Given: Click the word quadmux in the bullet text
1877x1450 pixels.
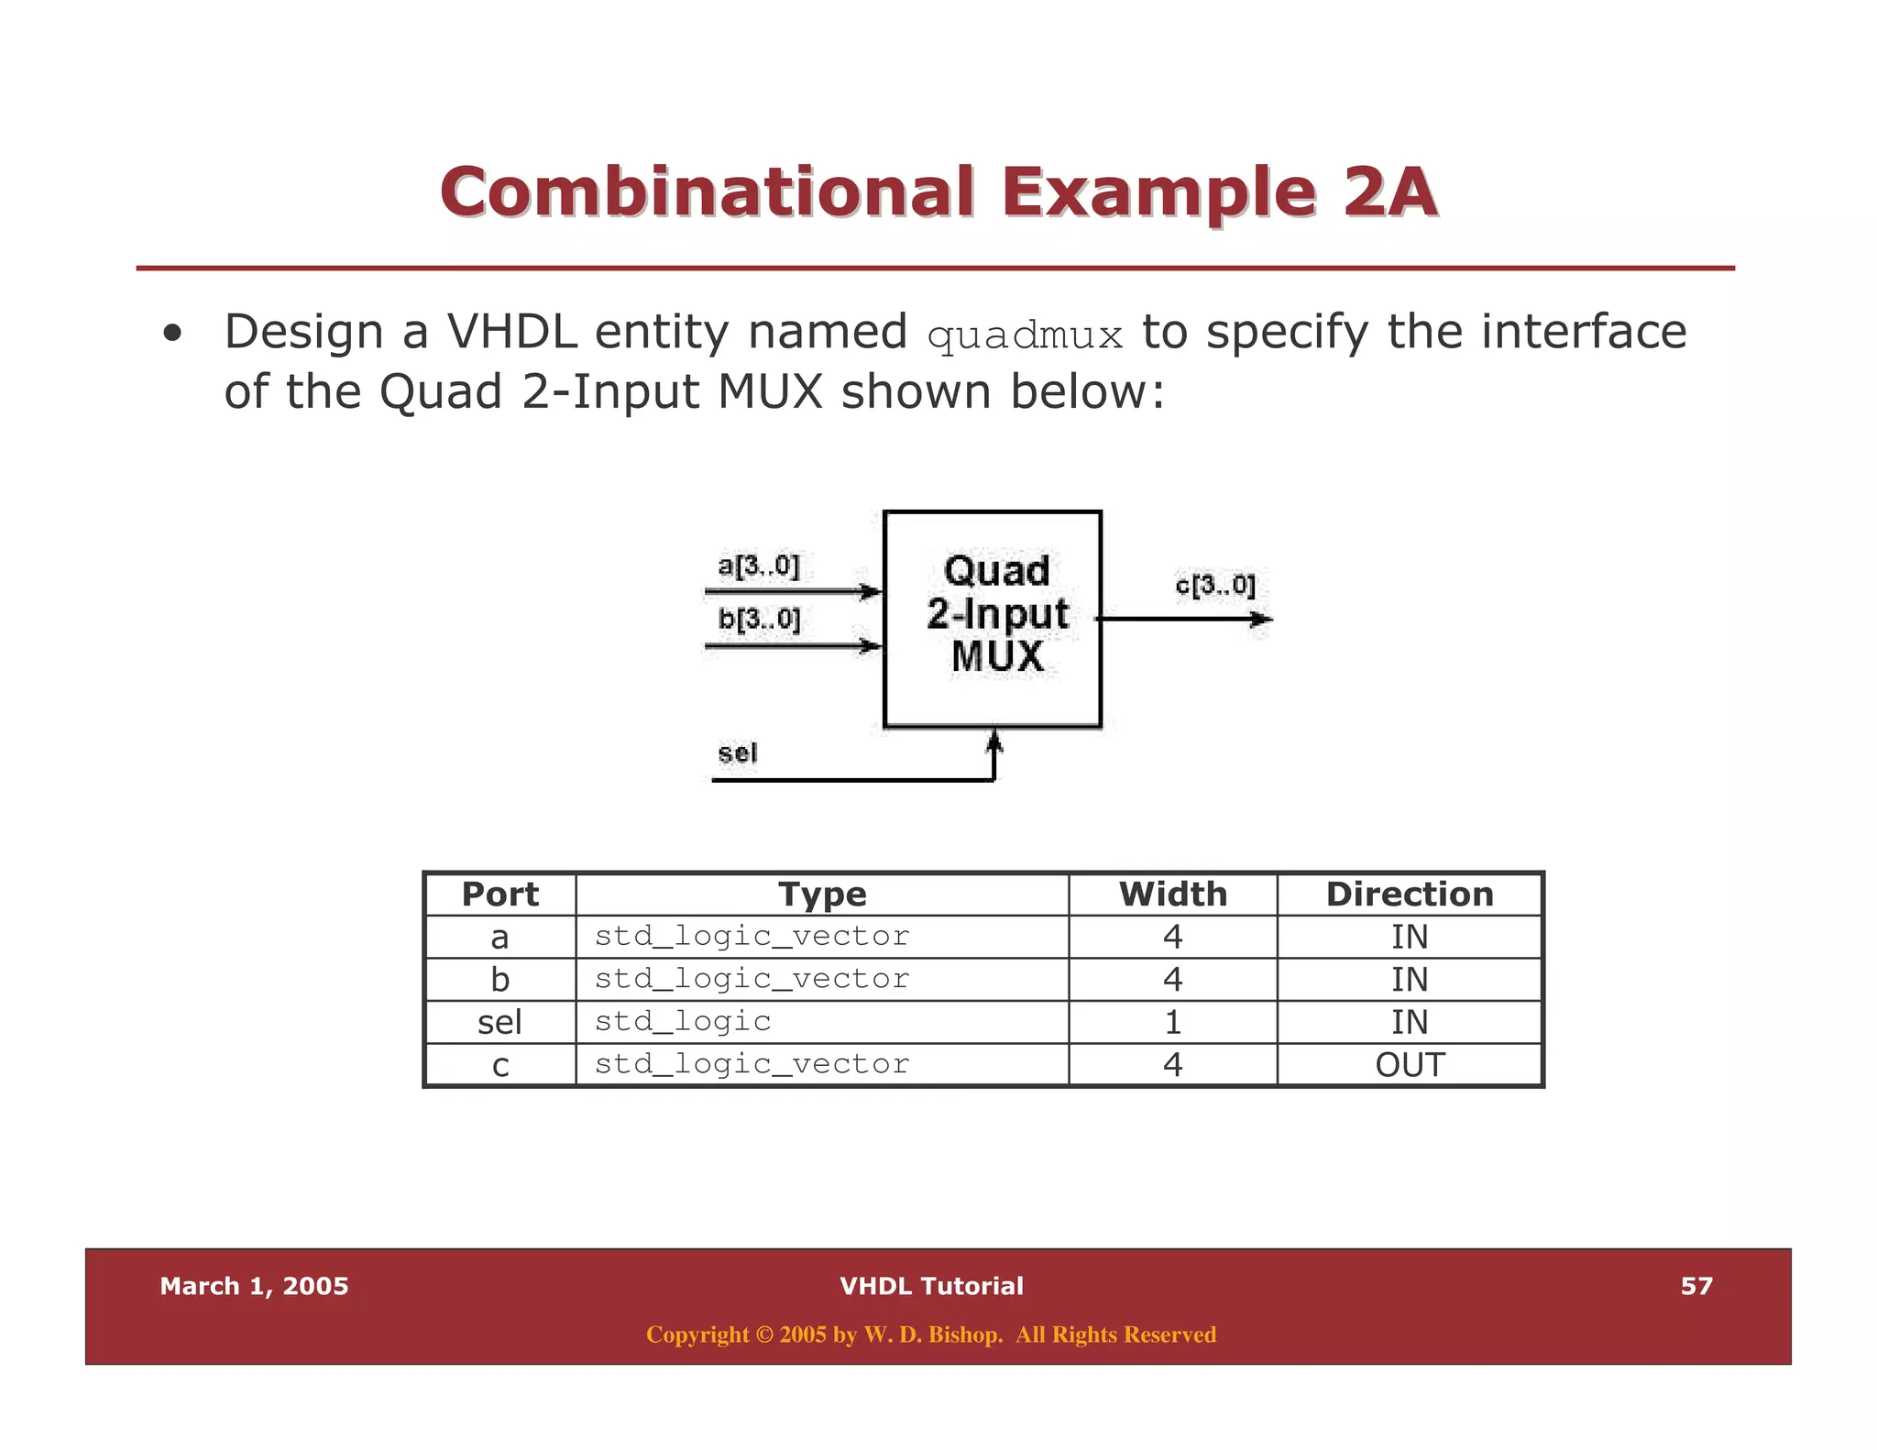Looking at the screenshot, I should click(x=1025, y=336).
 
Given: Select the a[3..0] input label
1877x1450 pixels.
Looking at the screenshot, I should click(x=758, y=566).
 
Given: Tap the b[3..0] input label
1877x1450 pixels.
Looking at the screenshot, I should click(x=759, y=620).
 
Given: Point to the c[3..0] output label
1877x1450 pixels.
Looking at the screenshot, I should click(x=1214, y=585).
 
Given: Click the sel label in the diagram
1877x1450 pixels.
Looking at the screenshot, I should click(x=737, y=753).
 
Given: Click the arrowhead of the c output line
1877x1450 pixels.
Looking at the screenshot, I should click(x=1263, y=620).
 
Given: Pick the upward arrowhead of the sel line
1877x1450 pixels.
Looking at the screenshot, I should click(x=994, y=741).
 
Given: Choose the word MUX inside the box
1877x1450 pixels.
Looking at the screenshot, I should click(x=997, y=656).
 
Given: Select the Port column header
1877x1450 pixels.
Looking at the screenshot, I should click(x=499, y=895).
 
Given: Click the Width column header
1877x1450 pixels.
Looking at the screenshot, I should click(x=1172, y=895).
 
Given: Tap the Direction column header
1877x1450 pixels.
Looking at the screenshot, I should click(x=1410, y=895).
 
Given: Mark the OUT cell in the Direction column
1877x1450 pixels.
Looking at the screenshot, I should click(x=1410, y=1065).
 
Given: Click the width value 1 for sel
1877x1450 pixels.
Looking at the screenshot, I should click(x=1172, y=1022).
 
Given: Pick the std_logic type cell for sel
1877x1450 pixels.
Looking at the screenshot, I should click(x=683, y=1021).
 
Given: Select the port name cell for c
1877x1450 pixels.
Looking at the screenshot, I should click(x=499, y=1065).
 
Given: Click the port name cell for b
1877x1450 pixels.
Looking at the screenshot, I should click(x=499, y=980).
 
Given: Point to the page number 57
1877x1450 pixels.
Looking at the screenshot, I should click(x=1696, y=1286).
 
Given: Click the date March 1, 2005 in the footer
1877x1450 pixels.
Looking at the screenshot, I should click(x=254, y=1286).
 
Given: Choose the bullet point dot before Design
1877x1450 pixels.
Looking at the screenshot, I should click(x=171, y=335).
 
